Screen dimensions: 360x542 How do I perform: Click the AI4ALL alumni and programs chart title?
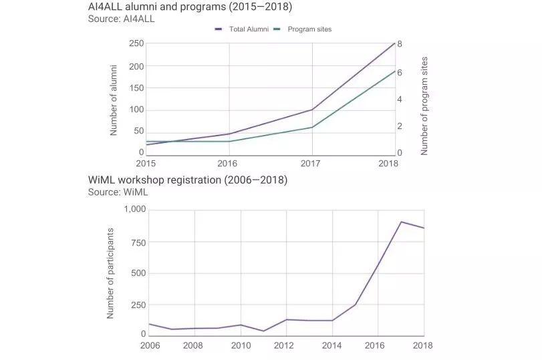tap(190, 7)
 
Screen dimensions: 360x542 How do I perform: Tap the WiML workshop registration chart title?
tap(188, 180)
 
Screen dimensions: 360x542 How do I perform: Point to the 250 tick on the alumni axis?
tap(136, 43)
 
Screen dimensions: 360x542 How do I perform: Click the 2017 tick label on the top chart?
tap(311, 164)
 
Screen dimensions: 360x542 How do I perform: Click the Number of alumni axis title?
tap(114, 100)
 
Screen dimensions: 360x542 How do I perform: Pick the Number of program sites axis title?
tap(424, 106)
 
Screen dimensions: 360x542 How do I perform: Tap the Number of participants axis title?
tap(111, 273)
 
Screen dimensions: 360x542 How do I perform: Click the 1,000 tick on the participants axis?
tap(135, 209)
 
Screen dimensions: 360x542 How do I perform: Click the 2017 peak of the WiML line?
tap(401, 222)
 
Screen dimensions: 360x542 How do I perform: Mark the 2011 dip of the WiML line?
tap(263, 331)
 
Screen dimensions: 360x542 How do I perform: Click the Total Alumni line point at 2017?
tap(312, 110)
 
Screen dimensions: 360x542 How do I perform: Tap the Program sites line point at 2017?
tap(312, 127)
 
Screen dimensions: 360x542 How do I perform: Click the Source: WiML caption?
tap(118, 192)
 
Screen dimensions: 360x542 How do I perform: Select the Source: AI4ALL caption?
tap(121, 19)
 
